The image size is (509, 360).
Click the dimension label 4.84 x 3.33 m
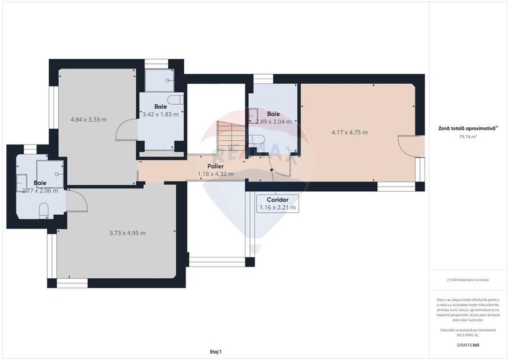click(88, 120)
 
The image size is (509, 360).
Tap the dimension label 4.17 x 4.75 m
click(349, 132)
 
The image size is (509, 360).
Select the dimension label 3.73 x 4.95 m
click(127, 233)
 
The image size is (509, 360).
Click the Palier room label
click(215, 166)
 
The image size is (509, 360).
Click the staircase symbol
click(228, 135)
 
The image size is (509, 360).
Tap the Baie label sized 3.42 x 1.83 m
click(161, 106)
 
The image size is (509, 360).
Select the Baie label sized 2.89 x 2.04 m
click(273, 114)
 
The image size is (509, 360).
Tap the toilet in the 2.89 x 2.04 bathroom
click(258, 139)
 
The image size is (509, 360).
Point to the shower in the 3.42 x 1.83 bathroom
click(156, 81)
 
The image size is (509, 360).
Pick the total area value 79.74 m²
click(468, 136)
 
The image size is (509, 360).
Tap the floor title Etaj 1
click(215, 351)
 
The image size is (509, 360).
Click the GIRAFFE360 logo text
click(467, 345)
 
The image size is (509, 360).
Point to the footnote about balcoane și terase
click(468, 280)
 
